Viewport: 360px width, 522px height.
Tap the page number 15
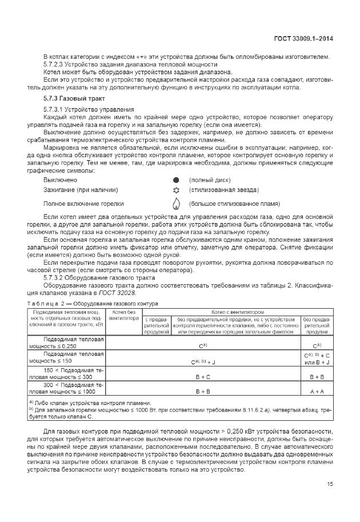(x=330, y=484)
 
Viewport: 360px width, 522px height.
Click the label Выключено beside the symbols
(x=61, y=180)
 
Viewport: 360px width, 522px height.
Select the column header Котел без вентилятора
(x=123, y=315)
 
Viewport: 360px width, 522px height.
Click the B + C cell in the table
(x=203, y=377)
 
